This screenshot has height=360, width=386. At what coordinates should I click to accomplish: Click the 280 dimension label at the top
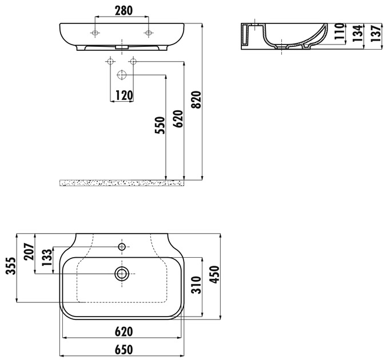click(124, 11)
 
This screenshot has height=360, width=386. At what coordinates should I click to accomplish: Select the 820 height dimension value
click(197, 100)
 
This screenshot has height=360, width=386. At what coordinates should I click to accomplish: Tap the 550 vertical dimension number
click(160, 126)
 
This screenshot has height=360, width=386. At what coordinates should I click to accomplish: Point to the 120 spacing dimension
click(124, 95)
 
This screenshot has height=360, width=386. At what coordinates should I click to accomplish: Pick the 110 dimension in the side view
click(339, 31)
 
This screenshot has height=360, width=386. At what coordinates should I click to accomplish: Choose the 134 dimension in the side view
click(357, 33)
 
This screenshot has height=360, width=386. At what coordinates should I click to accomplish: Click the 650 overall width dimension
click(124, 350)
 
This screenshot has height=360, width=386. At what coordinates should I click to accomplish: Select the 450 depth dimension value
click(214, 275)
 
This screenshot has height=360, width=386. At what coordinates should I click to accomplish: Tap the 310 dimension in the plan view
click(197, 285)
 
